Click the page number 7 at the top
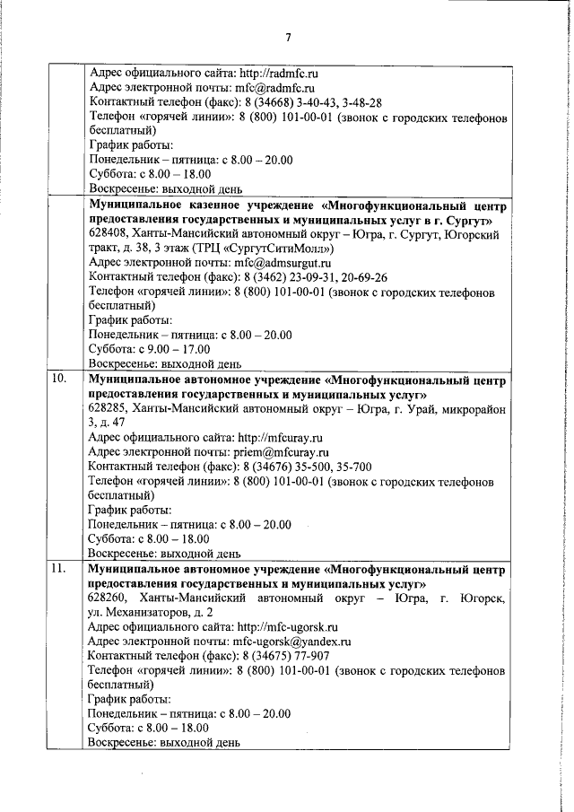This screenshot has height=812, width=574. tap(288, 37)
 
